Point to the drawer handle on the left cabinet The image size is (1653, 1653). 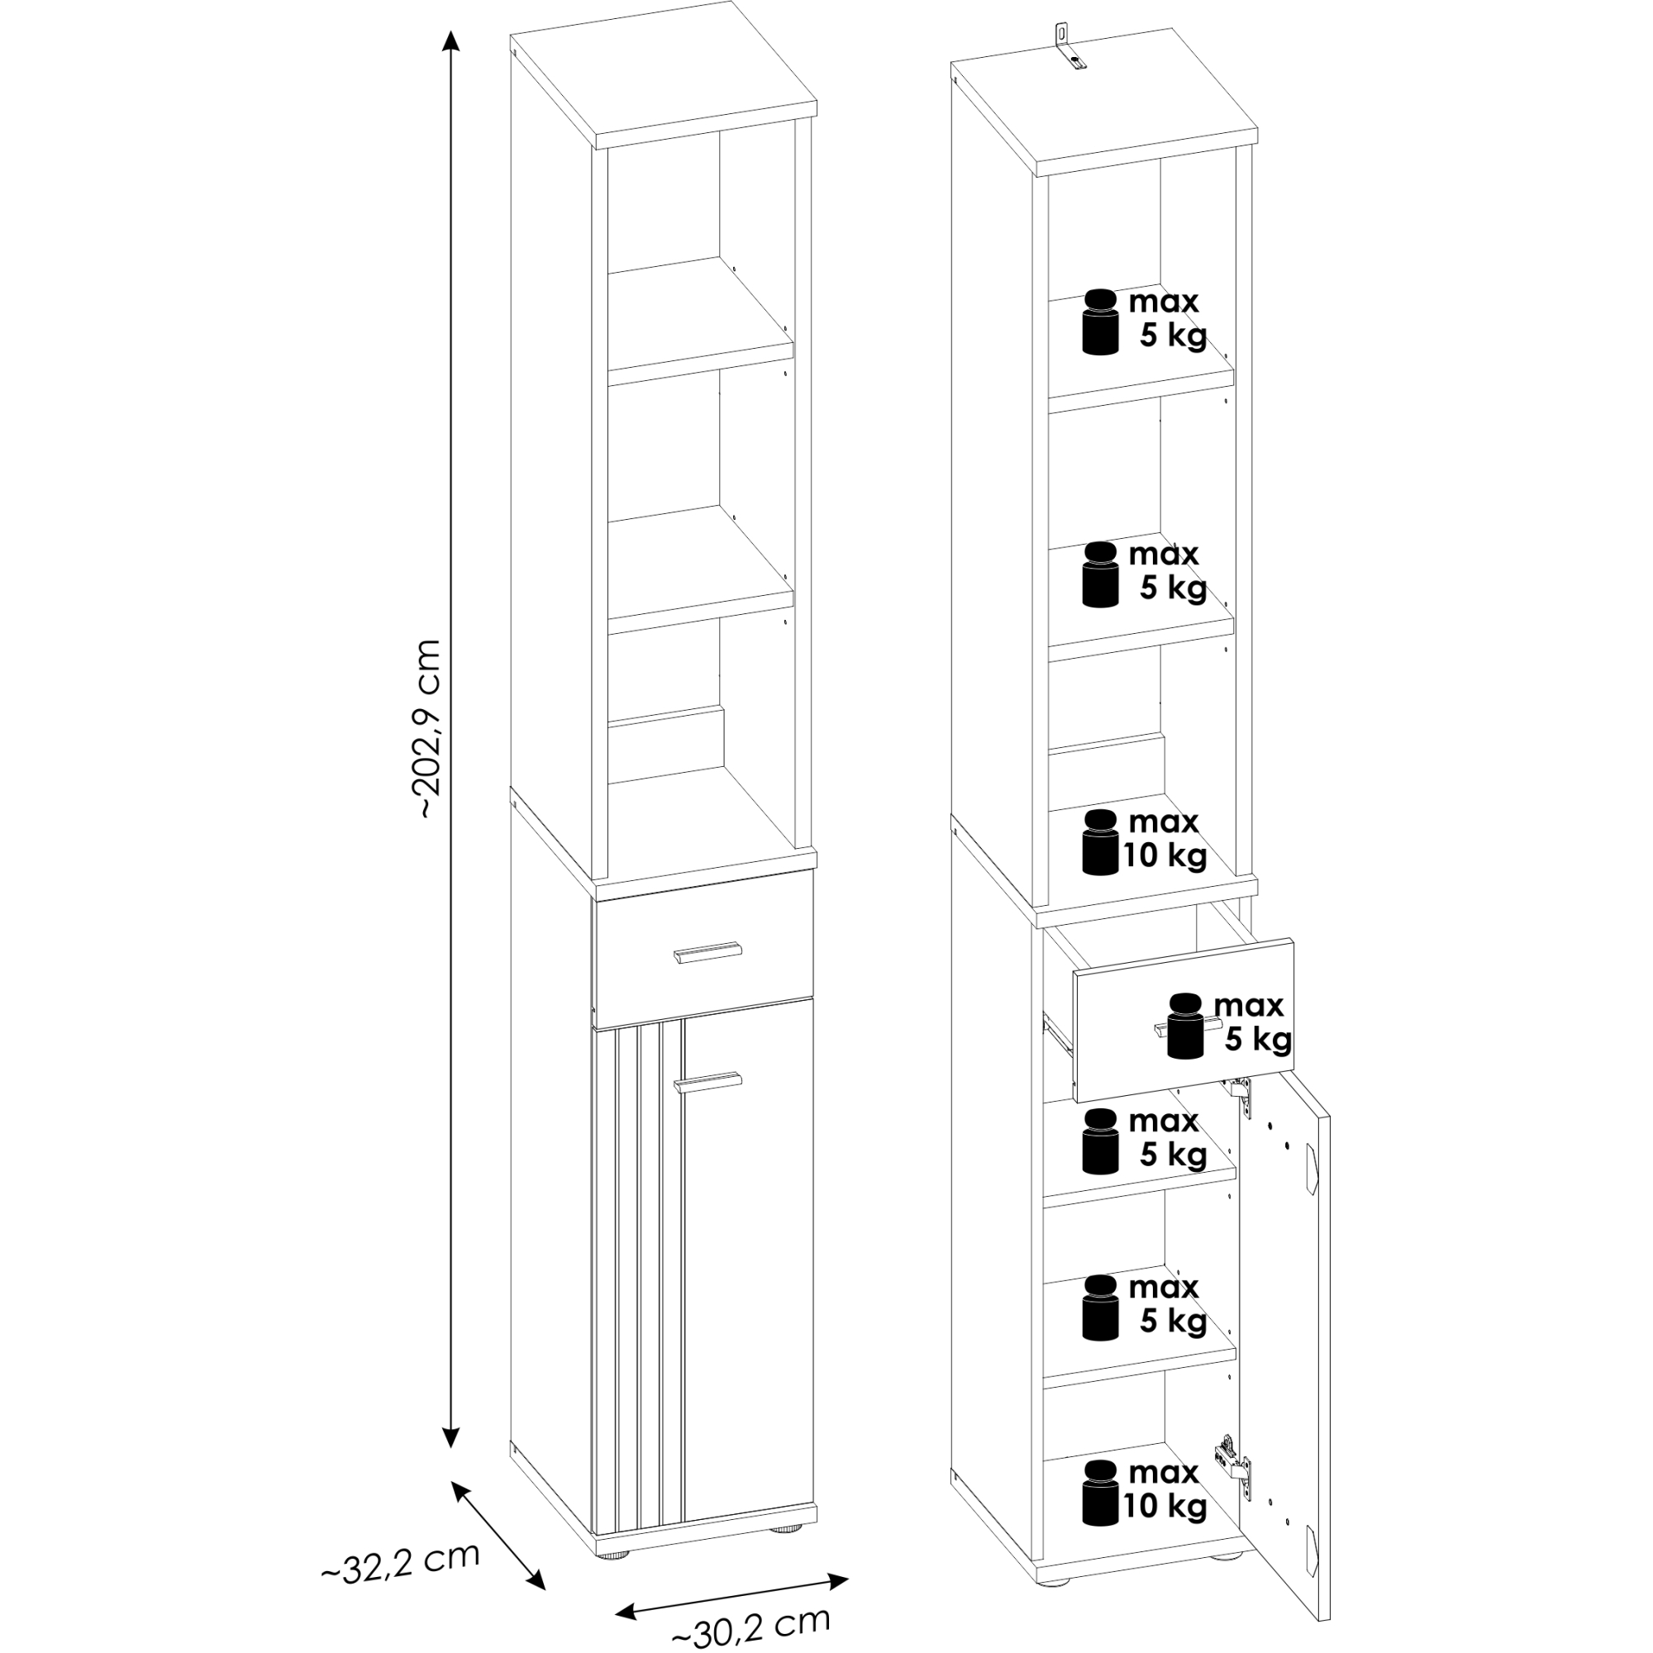coord(708,952)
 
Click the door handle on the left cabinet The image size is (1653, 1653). coord(708,1081)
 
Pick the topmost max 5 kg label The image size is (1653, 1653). coord(1169,319)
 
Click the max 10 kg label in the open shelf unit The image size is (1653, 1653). coord(1165,840)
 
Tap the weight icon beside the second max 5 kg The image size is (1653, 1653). coord(1100,574)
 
